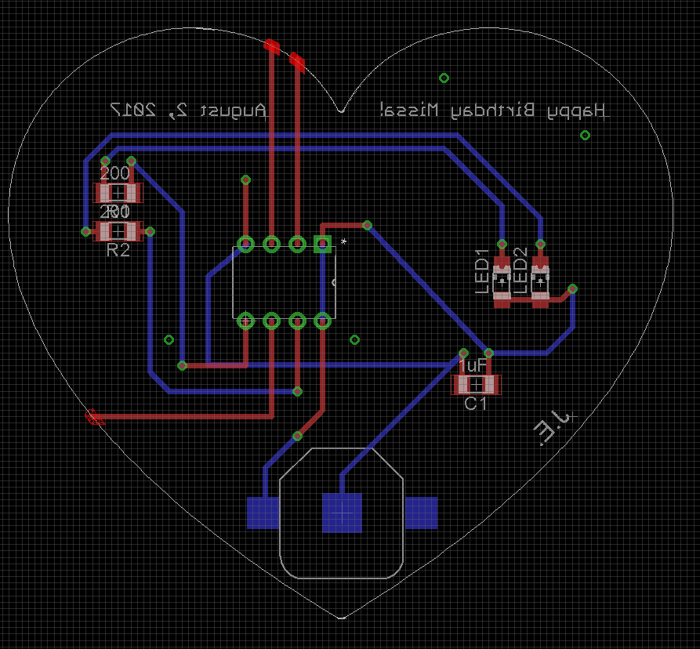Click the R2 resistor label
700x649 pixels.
pyautogui.click(x=118, y=250)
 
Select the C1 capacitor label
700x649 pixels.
pyautogui.click(x=476, y=404)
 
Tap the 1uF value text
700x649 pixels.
pyautogui.click(x=473, y=366)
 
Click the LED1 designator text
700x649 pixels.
pyautogui.click(x=483, y=270)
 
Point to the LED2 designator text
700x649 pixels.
pyautogui.click(x=521, y=270)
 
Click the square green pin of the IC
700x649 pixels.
pyautogui.click(x=322, y=245)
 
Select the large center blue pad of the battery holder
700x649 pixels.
pyautogui.click(x=342, y=513)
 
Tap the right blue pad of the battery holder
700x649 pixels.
pyautogui.click(x=421, y=513)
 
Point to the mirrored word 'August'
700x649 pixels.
pyautogui.click(x=234, y=111)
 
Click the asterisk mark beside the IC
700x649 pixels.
pyautogui.click(x=343, y=241)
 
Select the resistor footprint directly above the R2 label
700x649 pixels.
pyautogui.click(x=118, y=231)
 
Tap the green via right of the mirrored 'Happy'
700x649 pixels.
pyautogui.click(x=585, y=135)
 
